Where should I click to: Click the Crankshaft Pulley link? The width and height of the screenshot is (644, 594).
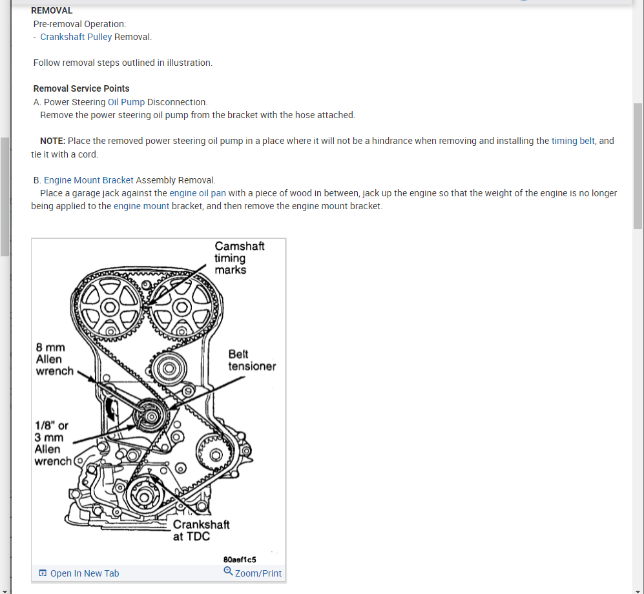(x=76, y=37)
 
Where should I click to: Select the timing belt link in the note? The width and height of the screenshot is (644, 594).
(x=573, y=141)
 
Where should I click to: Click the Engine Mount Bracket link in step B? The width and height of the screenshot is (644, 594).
(x=88, y=180)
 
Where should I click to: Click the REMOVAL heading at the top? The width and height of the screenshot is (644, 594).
(x=52, y=10)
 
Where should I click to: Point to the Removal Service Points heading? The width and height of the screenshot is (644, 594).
(x=81, y=88)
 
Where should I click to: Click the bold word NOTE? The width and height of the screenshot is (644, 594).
(x=52, y=141)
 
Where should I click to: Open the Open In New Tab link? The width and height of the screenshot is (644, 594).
(x=84, y=573)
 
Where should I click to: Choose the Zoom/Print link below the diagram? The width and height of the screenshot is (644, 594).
(x=258, y=573)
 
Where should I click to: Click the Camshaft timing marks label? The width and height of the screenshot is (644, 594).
(x=239, y=258)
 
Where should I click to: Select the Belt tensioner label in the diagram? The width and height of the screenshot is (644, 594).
(x=252, y=360)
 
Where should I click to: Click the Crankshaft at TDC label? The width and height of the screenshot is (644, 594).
(x=200, y=530)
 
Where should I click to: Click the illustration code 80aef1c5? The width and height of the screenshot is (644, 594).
(x=240, y=559)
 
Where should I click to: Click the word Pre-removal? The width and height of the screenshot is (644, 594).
(x=57, y=24)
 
